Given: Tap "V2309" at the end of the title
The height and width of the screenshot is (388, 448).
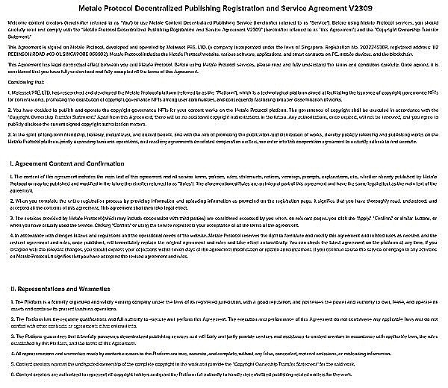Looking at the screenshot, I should (x=354, y=7).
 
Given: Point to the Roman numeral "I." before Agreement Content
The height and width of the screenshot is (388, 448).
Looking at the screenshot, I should (x=13, y=162).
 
